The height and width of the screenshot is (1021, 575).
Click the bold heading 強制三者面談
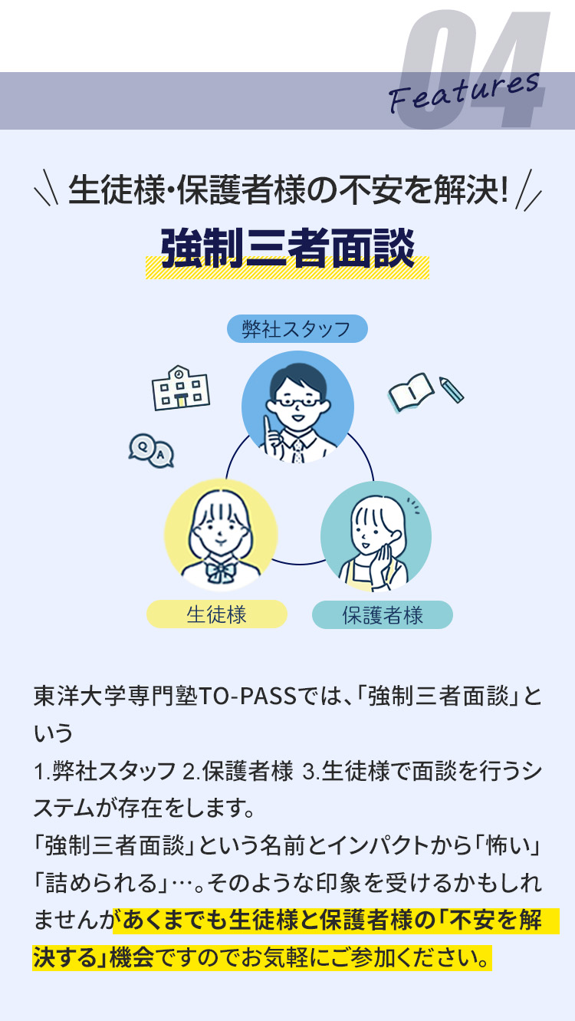(x=287, y=248)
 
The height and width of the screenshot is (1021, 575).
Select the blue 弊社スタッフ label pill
(x=297, y=328)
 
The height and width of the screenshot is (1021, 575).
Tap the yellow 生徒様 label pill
(x=217, y=614)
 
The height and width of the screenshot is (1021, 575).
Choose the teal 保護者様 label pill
(x=383, y=615)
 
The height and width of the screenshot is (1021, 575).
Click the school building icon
(x=180, y=387)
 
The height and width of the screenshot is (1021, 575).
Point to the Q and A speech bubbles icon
(x=151, y=450)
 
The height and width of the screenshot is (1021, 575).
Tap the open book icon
(x=410, y=392)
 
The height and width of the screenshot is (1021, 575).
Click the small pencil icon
(x=452, y=390)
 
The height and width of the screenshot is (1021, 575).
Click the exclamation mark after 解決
(x=504, y=189)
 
